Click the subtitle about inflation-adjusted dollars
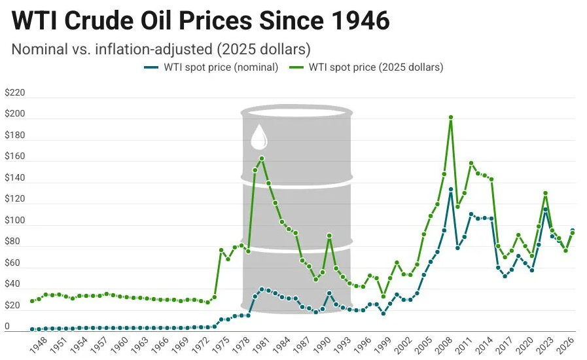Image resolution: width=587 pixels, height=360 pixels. pos(161,49)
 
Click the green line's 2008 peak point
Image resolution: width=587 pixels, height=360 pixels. pos(451,117)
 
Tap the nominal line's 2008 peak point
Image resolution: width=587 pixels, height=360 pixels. pos(451,189)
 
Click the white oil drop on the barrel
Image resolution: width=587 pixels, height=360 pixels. pos(259,137)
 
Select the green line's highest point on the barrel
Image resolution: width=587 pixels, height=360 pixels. pos(262,158)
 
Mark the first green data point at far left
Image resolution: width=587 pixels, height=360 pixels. pos(32,301)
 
